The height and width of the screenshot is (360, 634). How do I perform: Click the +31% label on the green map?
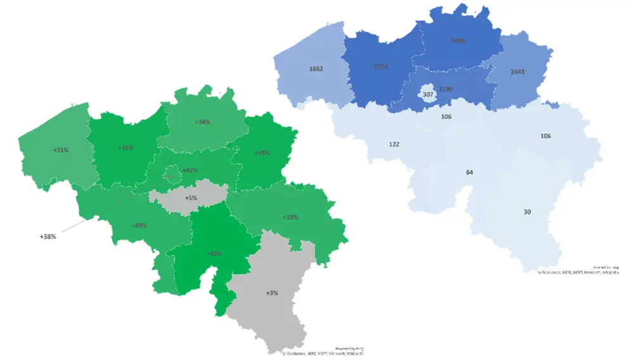tap(61, 150)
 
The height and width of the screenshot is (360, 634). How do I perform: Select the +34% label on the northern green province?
tap(203, 122)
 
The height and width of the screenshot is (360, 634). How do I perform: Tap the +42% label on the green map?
tap(190, 170)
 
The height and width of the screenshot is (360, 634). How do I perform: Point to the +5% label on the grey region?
tap(191, 198)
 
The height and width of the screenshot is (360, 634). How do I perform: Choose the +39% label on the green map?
tap(139, 226)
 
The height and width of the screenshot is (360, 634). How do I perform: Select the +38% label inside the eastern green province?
tap(290, 217)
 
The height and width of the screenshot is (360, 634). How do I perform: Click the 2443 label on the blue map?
tap(517, 72)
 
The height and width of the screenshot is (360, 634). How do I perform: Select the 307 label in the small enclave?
tap(428, 94)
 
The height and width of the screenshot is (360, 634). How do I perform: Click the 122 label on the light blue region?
tap(394, 144)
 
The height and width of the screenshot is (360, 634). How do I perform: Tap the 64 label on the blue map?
tap(469, 172)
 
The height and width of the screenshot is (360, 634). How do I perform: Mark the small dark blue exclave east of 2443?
tap(552, 105)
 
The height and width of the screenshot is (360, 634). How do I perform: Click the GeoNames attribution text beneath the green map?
tap(323, 354)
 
